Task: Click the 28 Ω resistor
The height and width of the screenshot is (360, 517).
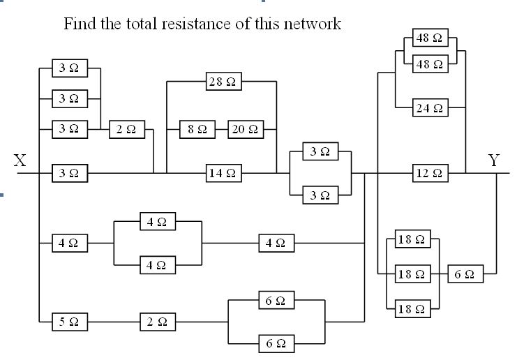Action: [x=223, y=82]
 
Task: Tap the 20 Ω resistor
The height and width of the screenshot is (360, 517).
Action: [x=243, y=129]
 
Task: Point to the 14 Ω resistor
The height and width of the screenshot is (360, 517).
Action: [x=223, y=173]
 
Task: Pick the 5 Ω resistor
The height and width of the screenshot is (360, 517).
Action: [x=70, y=322]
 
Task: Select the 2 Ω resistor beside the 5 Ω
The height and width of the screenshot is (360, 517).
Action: [x=157, y=322]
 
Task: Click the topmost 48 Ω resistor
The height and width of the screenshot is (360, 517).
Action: [x=430, y=38]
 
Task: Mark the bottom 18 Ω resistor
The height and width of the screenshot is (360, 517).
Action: [x=412, y=309]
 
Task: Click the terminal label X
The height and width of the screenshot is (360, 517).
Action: [x=21, y=161]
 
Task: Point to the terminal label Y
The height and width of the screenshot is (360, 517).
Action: [x=495, y=161]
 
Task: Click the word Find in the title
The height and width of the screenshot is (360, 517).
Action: [x=80, y=24]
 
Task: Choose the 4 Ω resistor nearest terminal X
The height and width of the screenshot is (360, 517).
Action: [x=70, y=243]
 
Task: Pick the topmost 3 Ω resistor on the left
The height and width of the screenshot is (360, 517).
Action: [x=70, y=68]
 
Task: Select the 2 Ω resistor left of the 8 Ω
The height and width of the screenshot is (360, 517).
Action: [x=126, y=129]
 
